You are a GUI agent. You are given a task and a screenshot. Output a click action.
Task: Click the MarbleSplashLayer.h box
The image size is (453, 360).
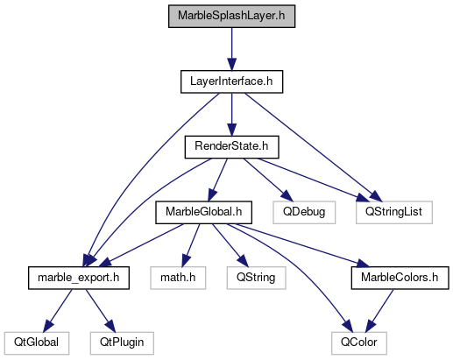coord(231,17)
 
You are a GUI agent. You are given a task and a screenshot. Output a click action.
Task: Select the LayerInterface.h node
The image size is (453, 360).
coord(231,81)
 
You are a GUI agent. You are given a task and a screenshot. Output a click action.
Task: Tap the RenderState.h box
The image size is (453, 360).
coord(231,147)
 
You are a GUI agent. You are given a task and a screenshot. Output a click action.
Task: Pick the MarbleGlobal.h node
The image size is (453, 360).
coord(203,213)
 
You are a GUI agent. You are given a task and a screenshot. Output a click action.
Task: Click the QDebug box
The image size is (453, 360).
coord(304,213)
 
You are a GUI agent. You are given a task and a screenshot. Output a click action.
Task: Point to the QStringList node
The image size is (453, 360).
coord(394,213)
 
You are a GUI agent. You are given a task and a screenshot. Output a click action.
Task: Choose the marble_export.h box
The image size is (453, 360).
coord(79,278)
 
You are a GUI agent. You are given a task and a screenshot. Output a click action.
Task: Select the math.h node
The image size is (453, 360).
coord(178,278)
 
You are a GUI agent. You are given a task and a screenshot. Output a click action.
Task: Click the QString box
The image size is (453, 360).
coord(256,278)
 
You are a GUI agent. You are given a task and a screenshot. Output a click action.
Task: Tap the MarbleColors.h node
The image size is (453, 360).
coord(400,278)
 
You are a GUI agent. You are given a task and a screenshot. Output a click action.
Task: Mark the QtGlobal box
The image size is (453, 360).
coord(37,343)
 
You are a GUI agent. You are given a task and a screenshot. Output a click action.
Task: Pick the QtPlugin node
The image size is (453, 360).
coord(122,343)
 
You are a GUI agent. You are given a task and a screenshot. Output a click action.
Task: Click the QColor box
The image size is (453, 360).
coord(359,343)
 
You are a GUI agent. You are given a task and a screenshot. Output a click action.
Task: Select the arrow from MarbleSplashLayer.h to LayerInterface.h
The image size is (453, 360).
coord(231,49)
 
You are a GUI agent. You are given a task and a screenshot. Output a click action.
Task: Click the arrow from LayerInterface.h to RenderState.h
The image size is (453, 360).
coord(231,115)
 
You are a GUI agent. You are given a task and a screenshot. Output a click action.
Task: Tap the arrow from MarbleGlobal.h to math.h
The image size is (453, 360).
coord(191,245)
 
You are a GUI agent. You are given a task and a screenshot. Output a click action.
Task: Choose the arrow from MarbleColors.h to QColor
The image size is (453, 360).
coord(379,311)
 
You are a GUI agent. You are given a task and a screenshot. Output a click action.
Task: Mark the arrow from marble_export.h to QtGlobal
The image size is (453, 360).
coord(58,311)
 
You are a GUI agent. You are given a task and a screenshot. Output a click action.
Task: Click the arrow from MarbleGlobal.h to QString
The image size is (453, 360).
coord(230,245)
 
